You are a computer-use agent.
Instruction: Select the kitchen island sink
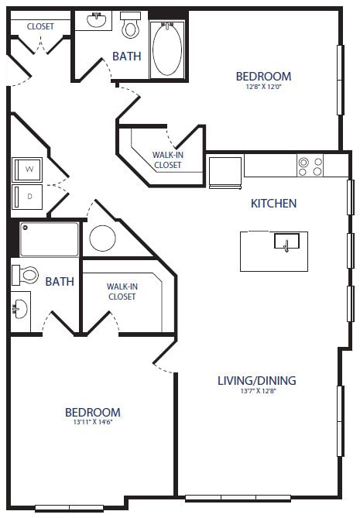[x=286, y=242]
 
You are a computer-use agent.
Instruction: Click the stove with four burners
[x=310, y=166]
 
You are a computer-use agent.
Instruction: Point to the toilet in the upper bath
[x=130, y=26]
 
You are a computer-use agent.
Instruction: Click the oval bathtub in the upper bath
[x=167, y=48]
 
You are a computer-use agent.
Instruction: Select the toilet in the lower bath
[x=27, y=274]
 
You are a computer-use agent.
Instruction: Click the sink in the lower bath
[x=20, y=310]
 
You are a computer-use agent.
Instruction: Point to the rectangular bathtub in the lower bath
[x=50, y=239]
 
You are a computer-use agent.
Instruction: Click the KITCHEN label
[x=273, y=204]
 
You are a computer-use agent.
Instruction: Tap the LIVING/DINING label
[x=256, y=380]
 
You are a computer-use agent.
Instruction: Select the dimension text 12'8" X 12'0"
[x=263, y=87]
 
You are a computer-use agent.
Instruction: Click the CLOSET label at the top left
[x=40, y=26]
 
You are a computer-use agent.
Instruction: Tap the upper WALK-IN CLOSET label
[x=168, y=160]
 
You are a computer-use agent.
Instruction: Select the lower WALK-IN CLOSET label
[x=122, y=291]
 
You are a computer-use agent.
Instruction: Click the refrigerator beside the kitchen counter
[x=225, y=171]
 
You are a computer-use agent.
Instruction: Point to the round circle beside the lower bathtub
[x=102, y=238]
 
